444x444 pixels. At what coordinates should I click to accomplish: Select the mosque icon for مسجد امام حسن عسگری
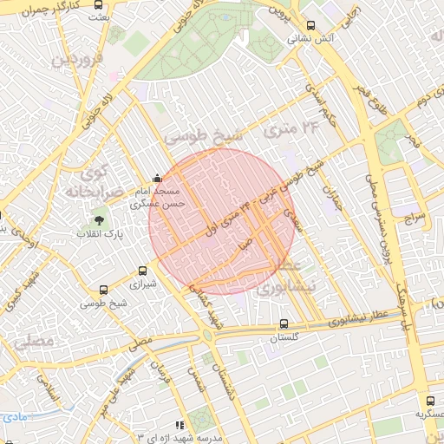[x=156, y=179]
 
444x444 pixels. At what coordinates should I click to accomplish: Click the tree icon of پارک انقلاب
[x=99, y=221]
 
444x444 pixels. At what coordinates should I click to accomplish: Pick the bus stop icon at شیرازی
[x=144, y=271]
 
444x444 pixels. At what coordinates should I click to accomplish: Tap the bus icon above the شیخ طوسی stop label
[x=105, y=291]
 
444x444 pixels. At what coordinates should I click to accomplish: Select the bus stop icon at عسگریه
[x=431, y=401]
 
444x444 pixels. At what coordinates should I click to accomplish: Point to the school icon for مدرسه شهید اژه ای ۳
[x=180, y=425]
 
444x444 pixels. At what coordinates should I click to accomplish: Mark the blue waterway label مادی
[x=12, y=417]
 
